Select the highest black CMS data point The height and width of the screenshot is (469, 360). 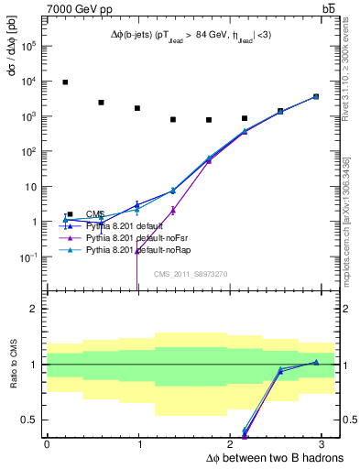click(x=65, y=82)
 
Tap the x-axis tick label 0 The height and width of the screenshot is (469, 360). click(x=47, y=443)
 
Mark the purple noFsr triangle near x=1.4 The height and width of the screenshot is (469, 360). click(x=173, y=210)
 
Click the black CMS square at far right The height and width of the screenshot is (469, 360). click(x=316, y=96)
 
